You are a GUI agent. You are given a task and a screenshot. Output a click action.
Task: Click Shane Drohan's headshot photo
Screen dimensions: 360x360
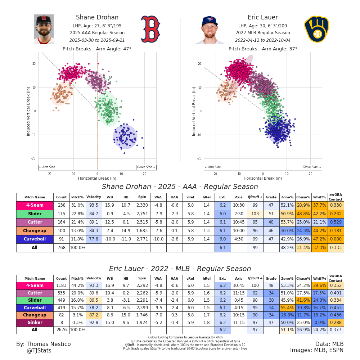[44, 29]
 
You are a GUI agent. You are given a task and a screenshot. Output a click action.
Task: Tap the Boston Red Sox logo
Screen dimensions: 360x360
[150, 29]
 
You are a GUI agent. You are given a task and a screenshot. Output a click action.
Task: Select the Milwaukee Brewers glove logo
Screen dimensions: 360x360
[316, 29]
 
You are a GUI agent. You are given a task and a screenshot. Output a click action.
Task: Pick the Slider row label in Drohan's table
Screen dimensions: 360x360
[35, 214]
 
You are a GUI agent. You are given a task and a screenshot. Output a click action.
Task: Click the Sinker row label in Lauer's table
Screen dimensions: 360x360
[35, 321]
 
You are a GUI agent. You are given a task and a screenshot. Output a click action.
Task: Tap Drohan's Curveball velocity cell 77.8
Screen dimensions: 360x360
[94, 239]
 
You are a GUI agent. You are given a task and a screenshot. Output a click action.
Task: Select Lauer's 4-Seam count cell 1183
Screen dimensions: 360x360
[61, 286]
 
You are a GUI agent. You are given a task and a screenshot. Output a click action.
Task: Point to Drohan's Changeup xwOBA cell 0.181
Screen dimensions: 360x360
[336, 231]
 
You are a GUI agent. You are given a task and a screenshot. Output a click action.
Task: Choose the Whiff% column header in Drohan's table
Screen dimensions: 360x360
[319, 197]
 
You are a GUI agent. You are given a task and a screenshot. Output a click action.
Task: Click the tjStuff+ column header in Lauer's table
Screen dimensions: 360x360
[255, 279]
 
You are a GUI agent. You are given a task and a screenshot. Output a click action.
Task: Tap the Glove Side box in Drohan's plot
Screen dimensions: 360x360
[146, 167]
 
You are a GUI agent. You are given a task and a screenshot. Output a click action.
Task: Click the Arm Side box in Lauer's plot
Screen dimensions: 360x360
[213, 167]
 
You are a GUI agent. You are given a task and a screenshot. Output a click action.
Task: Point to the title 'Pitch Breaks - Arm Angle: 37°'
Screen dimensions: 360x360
[263, 49]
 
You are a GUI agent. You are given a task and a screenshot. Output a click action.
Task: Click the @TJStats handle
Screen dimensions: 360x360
[39, 351]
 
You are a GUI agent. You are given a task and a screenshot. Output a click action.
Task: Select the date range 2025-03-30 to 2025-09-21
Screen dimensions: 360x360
[97, 40]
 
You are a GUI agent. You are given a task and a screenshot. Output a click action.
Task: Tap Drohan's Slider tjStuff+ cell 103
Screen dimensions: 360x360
[255, 214]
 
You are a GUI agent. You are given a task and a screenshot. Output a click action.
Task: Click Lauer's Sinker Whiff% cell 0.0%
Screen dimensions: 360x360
[319, 321]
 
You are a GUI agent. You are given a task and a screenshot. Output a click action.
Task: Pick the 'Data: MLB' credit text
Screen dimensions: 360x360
[329, 344]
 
